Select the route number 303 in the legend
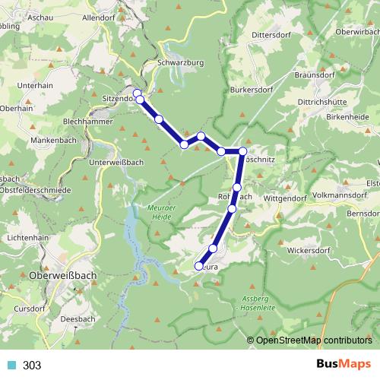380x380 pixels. click(x=32, y=366)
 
